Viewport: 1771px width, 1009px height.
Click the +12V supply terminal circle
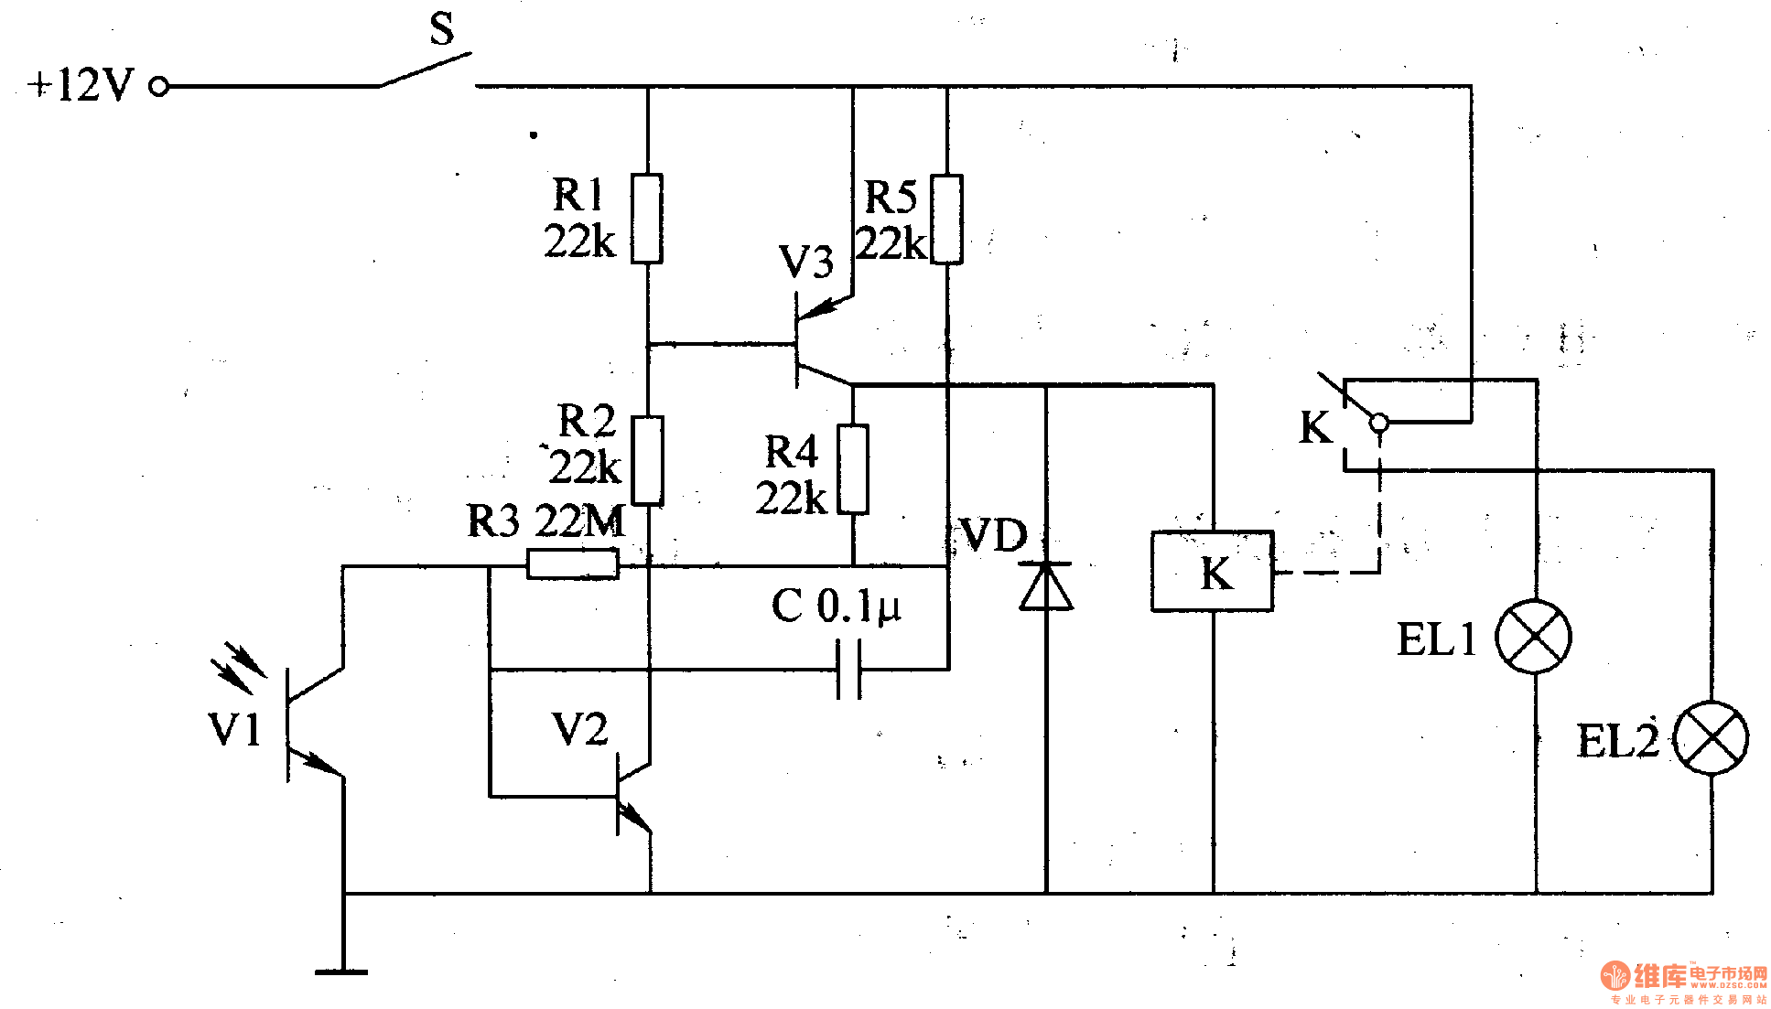159,87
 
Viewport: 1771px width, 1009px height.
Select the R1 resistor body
647,219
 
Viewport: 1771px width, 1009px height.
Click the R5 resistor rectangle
946,220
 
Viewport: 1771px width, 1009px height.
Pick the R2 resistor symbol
647,460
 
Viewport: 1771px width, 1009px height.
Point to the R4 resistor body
853,469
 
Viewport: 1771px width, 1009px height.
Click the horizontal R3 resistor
573,564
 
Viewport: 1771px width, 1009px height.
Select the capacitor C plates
849,670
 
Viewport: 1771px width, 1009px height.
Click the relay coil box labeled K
1212,571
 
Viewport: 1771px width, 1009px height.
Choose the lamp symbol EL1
1534,637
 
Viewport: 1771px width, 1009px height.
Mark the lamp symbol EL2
1711,738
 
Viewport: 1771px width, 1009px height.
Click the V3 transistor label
805,263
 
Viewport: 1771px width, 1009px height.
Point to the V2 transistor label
579,730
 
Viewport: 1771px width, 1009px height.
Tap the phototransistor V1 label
235,730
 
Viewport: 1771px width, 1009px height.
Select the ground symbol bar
341,971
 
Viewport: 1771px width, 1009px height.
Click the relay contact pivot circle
1378,423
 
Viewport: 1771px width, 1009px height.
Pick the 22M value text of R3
579,522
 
